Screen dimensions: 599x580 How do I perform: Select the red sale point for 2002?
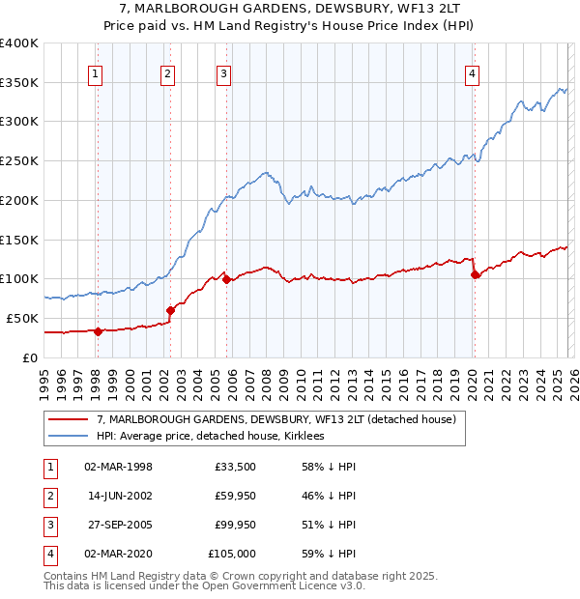[x=170, y=310]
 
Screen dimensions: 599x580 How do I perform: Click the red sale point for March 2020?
[x=475, y=274]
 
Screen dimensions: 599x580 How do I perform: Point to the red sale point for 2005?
[x=226, y=279]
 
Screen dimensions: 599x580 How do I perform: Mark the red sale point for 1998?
[x=98, y=331]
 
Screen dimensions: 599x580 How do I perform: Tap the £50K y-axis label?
[x=23, y=318]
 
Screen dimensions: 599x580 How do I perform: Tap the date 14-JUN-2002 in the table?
[x=120, y=496]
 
